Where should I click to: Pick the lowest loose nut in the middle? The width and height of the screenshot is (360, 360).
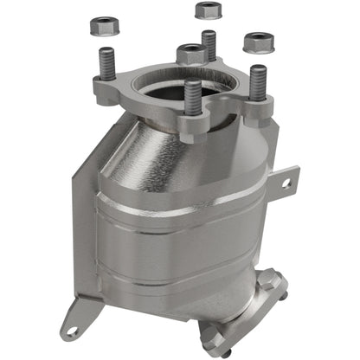pyautogui.click(x=191, y=54)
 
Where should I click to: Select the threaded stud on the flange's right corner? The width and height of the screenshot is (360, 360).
pyautogui.click(x=257, y=82)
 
